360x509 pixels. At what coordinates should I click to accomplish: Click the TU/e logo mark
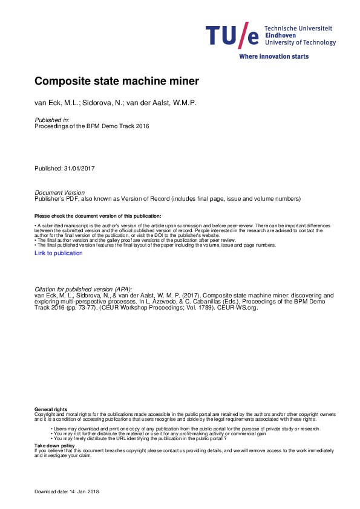point(232,36)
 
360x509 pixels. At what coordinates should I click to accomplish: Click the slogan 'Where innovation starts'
point(273,56)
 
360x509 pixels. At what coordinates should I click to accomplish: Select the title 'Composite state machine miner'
point(117,80)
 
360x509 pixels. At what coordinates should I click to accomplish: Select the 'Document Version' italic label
point(59,193)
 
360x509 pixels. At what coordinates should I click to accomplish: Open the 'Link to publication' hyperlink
point(59,253)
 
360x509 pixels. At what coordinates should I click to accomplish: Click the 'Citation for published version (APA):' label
point(83,290)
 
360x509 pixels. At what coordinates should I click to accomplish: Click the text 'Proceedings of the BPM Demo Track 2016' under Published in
point(91,126)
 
